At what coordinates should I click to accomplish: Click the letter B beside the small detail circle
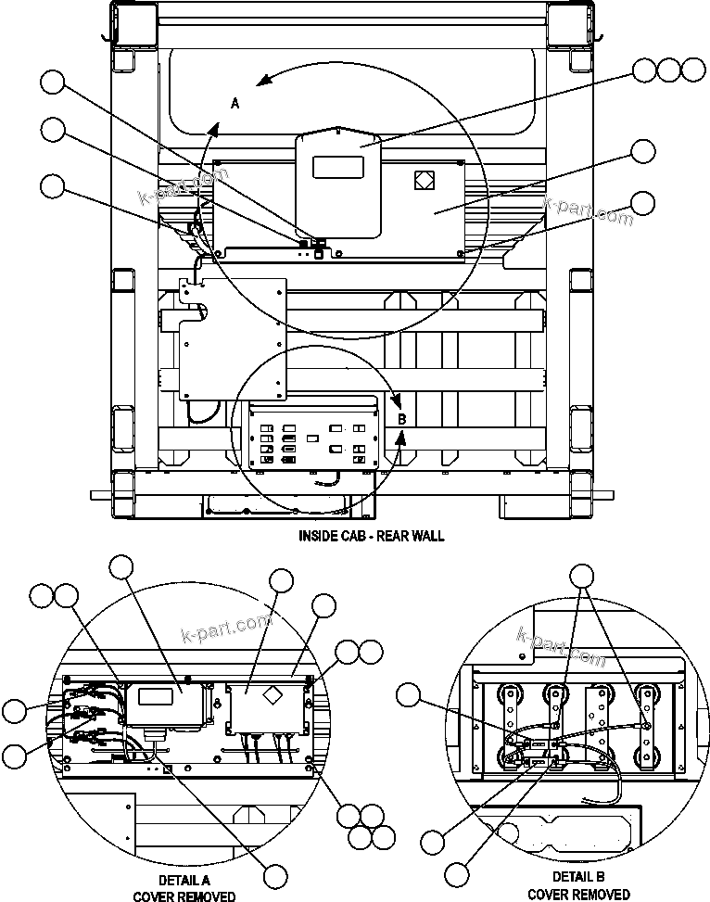coord(402,419)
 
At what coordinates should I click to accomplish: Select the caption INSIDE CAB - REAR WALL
coord(371,536)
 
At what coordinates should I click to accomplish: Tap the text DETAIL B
coord(578,877)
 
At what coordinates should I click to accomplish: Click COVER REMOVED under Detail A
coord(184,896)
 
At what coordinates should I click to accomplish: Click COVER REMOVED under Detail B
coord(578,894)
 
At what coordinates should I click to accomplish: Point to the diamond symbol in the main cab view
coord(423,180)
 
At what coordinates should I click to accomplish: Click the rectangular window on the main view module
coord(337,167)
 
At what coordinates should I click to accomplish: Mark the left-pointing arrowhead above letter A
coord(263,81)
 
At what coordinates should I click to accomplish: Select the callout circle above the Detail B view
coord(582,576)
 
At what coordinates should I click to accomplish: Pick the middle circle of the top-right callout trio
coord(668,70)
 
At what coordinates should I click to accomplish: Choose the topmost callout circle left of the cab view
coord(53,84)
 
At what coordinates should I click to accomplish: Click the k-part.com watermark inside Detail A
coord(228,629)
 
